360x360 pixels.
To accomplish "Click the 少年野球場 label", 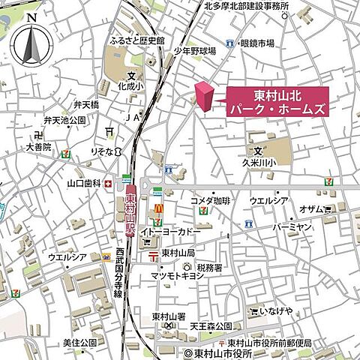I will point(195,51).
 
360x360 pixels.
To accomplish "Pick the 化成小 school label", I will point(131,86).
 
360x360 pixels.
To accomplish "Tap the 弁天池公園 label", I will point(65,120).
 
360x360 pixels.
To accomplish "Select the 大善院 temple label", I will point(37,147).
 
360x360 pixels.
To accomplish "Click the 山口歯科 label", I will point(84,182).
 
